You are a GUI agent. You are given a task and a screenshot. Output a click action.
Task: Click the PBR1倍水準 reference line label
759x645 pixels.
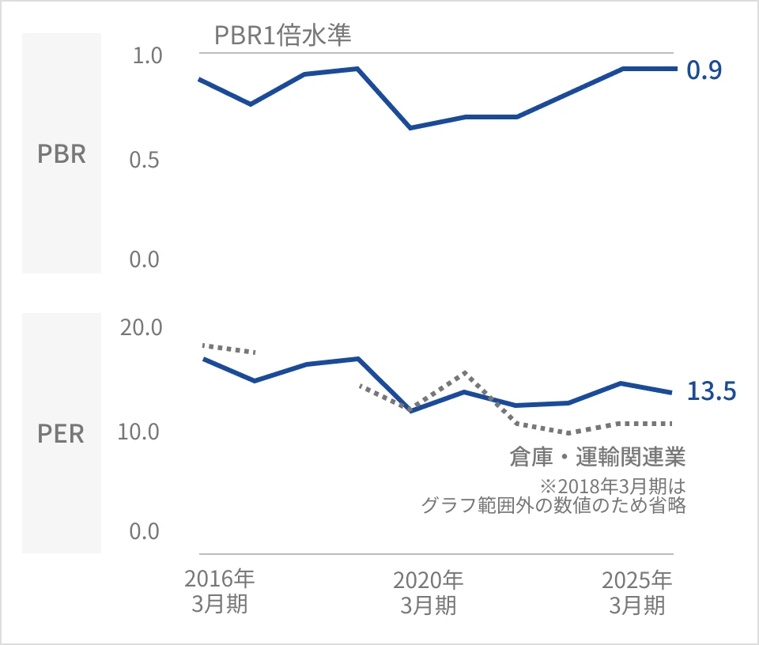282,36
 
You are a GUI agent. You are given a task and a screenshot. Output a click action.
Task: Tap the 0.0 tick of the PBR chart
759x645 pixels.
146,259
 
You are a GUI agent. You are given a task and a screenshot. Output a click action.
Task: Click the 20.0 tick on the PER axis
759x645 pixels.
142,327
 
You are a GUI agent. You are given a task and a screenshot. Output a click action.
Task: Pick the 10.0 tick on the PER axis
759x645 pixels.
142,432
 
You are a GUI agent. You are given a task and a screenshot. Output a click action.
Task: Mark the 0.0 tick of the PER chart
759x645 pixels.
146,531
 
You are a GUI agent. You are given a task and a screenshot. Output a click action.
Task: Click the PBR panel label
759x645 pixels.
62,153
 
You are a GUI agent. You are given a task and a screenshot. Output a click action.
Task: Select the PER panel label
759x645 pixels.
62,434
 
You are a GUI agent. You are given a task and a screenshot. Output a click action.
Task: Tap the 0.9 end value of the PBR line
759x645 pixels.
704,71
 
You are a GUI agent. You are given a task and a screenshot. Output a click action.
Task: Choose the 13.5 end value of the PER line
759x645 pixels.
712,391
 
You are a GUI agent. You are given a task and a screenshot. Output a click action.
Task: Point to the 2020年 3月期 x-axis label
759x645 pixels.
429,592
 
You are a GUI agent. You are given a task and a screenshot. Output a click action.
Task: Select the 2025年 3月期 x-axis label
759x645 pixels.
637,592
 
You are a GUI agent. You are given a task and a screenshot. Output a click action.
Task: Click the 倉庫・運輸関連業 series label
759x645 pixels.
597,457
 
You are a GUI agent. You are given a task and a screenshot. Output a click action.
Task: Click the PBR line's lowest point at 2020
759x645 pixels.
410,127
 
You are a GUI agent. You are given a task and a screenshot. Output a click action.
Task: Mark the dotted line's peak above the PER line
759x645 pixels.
464,372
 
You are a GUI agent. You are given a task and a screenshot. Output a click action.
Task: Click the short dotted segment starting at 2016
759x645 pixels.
229,349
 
